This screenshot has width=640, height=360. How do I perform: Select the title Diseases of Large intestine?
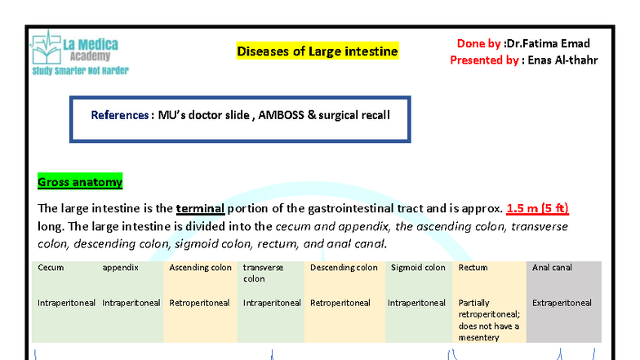[x=318, y=51]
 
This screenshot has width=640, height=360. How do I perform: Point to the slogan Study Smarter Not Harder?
[x=80, y=71]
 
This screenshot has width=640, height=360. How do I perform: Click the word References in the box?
[x=120, y=115]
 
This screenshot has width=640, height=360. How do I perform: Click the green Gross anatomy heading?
[x=80, y=182]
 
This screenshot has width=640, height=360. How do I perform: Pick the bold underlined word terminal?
[x=200, y=208]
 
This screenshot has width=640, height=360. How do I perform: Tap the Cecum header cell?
[x=51, y=268]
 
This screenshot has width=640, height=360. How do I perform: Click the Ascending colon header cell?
[x=200, y=268]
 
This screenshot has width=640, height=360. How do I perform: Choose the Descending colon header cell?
[x=344, y=268]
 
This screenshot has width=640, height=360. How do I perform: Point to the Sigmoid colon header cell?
[x=418, y=268]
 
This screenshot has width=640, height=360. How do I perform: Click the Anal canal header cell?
[x=552, y=268]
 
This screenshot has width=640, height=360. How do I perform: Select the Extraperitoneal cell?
[x=562, y=303]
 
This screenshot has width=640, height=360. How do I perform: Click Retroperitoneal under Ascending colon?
[x=199, y=303]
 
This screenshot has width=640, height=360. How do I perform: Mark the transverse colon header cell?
[x=264, y=273]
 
